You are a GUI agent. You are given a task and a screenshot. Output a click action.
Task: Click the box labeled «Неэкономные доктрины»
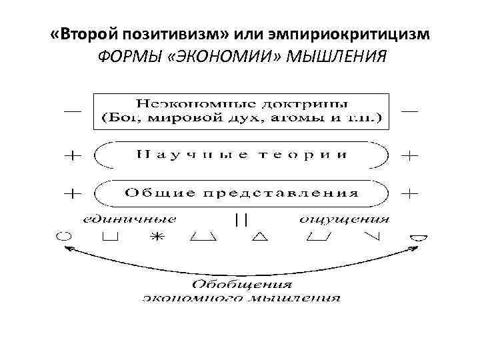tap(241, 111)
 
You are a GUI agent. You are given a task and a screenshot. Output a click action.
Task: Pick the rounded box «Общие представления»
tap(241, 193)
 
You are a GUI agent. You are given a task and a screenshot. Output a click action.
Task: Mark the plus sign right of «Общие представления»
tap(409, 193)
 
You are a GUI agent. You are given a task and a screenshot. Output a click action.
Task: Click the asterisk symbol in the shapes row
tap(156, 236)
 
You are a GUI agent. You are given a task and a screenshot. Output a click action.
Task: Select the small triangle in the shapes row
tap(260, 236)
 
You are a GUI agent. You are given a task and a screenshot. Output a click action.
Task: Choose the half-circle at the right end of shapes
tap(419, 235)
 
